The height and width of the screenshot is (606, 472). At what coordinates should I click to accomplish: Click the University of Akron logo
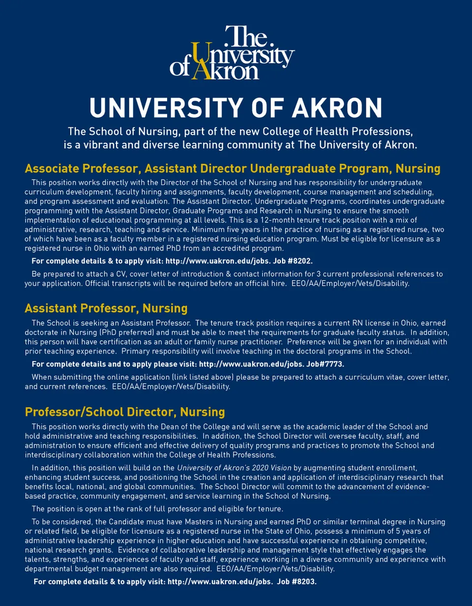(233, 53)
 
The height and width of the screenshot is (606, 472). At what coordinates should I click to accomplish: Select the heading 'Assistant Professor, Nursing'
(106, 308)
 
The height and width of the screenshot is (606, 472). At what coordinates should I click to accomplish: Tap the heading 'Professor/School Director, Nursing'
(125, 411)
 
